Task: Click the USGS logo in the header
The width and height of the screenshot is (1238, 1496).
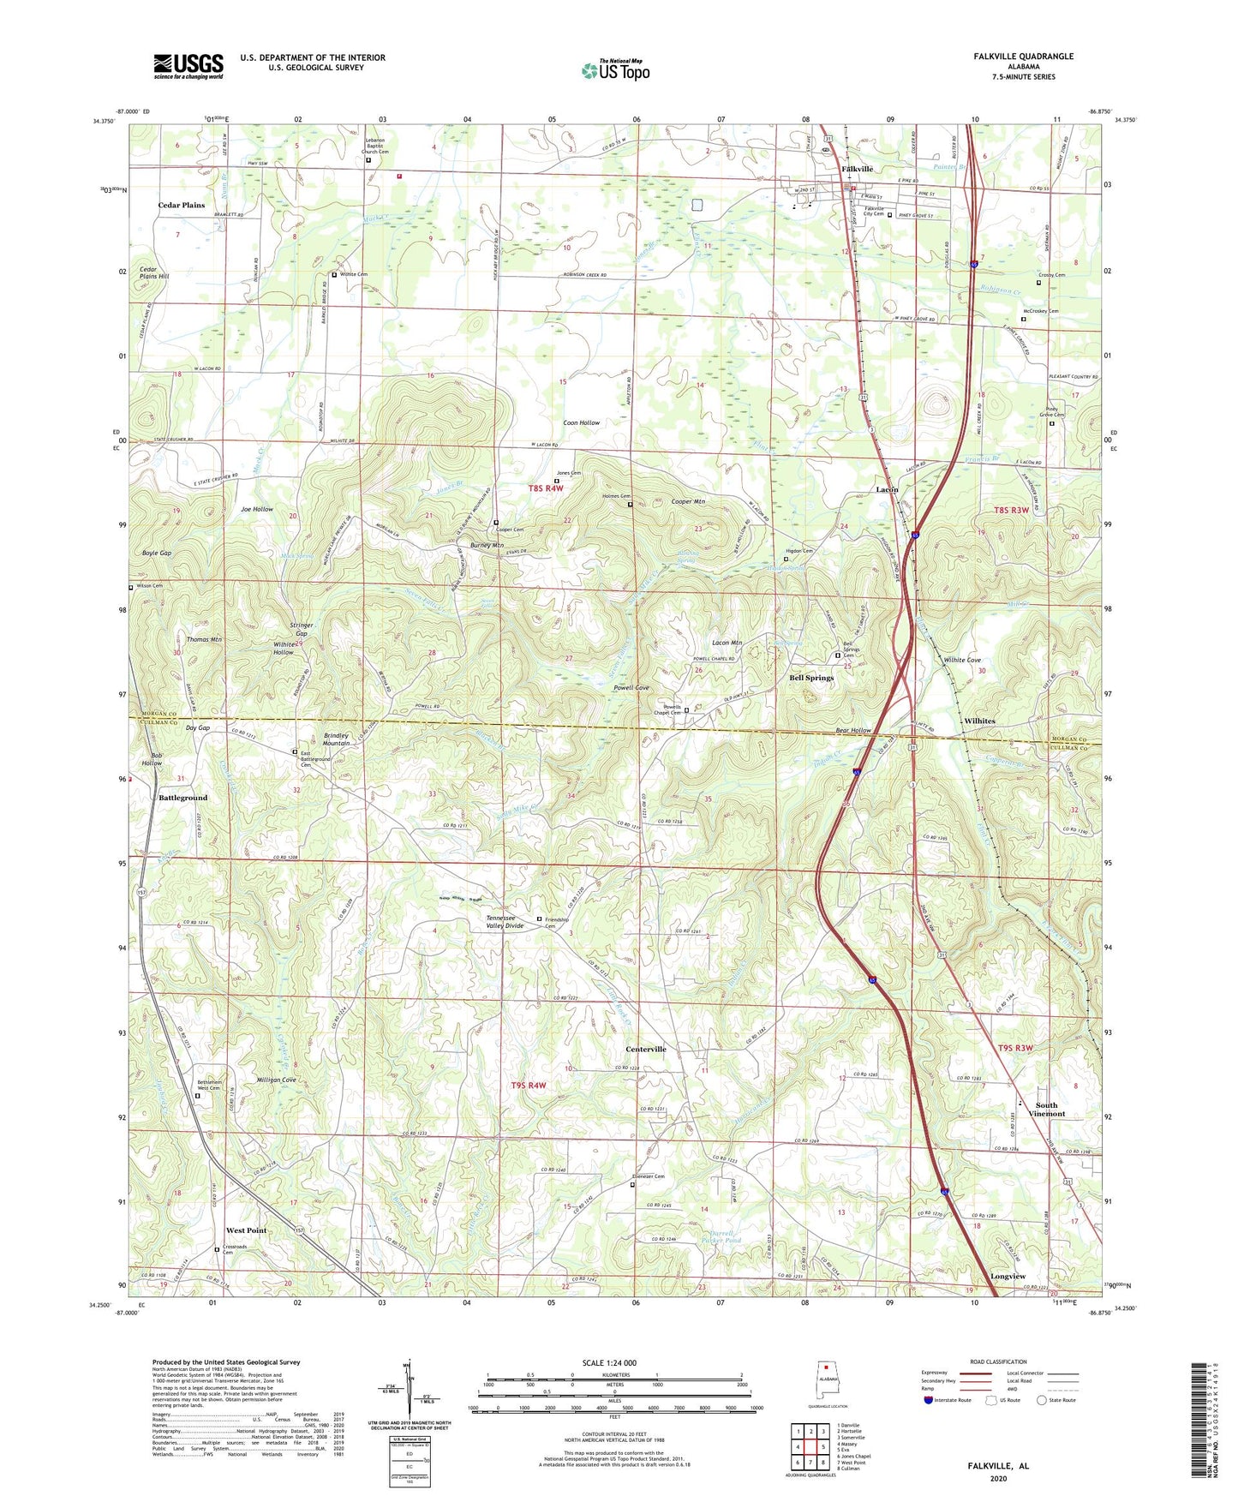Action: click(188, 65)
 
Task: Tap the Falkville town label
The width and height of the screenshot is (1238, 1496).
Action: click(857, 169)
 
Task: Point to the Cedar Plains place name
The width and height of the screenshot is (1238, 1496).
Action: click(182, 206)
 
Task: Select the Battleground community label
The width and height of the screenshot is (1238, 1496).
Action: click(182, 798)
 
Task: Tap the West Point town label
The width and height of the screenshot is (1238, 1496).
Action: click(246, 1230)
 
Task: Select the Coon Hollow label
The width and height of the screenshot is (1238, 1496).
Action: click(581, 423)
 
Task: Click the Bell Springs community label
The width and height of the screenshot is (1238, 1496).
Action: click(810, 678)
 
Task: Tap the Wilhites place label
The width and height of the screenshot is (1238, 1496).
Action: click(979, 721)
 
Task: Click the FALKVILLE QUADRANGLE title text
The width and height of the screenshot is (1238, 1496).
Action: click(1023, 57)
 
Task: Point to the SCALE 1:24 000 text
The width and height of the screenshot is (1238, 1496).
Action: click(609, 1363)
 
